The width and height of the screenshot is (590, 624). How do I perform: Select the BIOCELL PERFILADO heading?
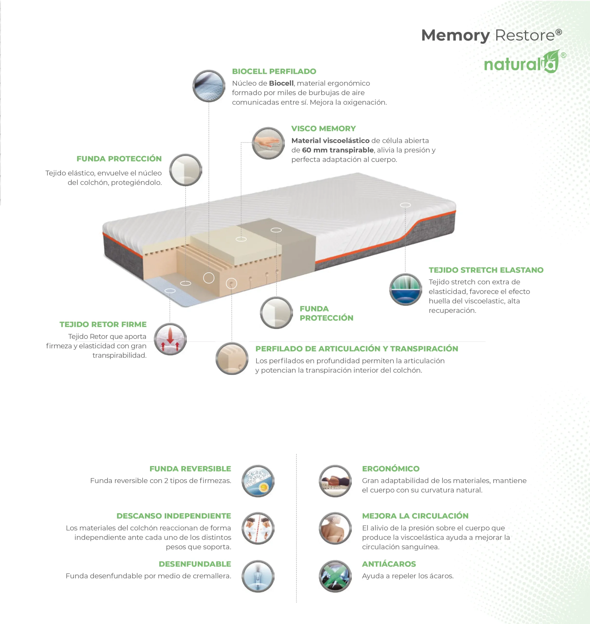274,71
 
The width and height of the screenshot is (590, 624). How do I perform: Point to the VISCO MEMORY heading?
323,128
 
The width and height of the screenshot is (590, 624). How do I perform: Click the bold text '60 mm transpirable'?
338,150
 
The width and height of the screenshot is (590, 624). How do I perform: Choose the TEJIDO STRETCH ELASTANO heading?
486,270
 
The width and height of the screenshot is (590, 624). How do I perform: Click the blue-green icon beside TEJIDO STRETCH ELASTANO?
406,289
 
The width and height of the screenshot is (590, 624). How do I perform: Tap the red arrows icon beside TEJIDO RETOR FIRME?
170,339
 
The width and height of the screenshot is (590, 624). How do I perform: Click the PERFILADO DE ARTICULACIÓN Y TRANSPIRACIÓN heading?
357,349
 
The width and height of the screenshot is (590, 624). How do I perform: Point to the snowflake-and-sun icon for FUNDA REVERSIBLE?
258,481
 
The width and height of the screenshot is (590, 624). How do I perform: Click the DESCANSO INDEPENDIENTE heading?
174,516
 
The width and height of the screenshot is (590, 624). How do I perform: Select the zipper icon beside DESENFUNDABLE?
258,576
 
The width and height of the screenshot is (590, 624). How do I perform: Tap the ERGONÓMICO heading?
391,468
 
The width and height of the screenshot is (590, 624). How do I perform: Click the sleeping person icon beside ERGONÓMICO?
335,481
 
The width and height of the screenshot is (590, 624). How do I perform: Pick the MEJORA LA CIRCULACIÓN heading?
415,516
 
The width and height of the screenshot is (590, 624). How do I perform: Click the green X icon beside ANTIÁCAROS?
335,576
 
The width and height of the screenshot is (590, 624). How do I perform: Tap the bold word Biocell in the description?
281,83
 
